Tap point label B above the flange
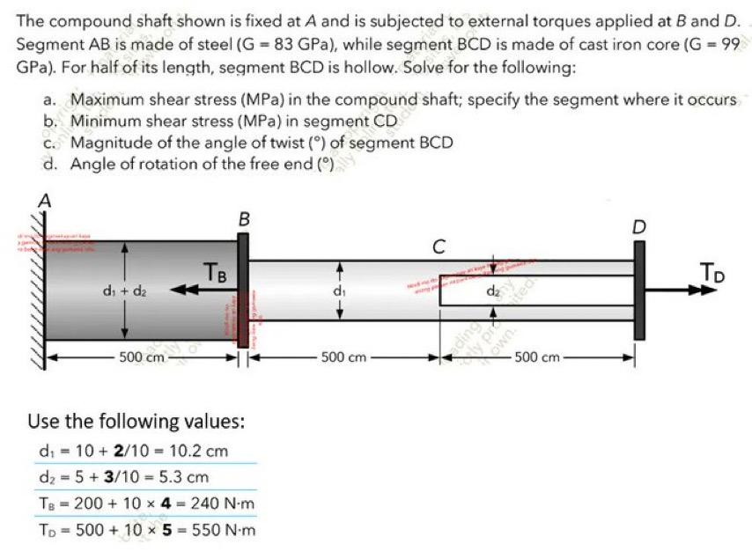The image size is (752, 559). pos(244,217)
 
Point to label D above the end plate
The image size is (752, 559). pos(639,227)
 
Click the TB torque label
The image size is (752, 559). pos(217,272)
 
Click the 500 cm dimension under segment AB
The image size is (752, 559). pos(142,357)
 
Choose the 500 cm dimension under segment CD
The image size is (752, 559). pos(537,357)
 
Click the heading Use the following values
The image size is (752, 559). pos(136,421)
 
